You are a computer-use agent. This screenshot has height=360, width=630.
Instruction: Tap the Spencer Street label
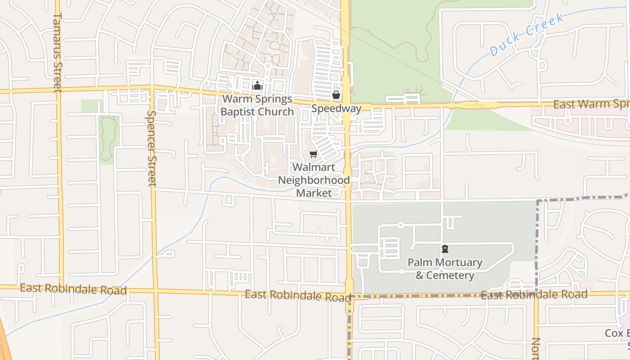tap(151, 148)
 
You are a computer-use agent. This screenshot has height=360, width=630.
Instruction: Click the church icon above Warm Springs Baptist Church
tap(257, 85)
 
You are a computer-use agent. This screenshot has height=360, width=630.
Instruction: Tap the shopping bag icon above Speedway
tap(336, 95)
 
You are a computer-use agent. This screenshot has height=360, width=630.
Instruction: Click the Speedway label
tap(336, 108)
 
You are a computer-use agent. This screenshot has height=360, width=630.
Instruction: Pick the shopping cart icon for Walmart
tap(313, 154)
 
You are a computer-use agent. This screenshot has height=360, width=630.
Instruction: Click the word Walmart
tap(314, 167)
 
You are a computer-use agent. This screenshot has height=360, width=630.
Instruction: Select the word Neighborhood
tap(314, 180)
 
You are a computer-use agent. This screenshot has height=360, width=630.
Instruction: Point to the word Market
tap(314, 193)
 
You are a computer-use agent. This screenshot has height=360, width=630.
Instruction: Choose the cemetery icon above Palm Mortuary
tap(445, 248)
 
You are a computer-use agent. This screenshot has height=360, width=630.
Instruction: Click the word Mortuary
tap(459, 262)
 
